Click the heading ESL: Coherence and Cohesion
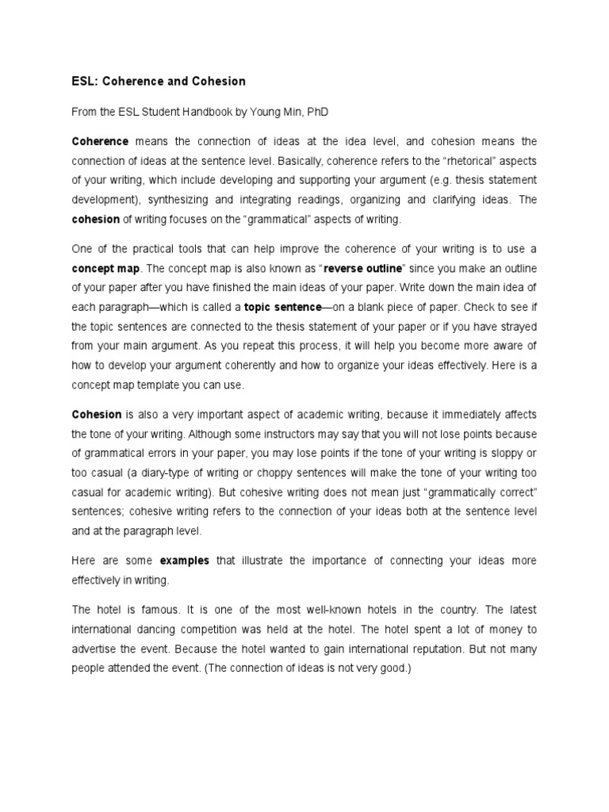pyautogui.click(x=159, y=82)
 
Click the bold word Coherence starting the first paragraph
pyautogui.click(x=100, y=142)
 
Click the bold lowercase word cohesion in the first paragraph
pyautogui.click(x=95, y=218)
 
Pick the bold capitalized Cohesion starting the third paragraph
pyautogui.click(x=97, y=415)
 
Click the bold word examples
pyautogui.click(x=185, y=561)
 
